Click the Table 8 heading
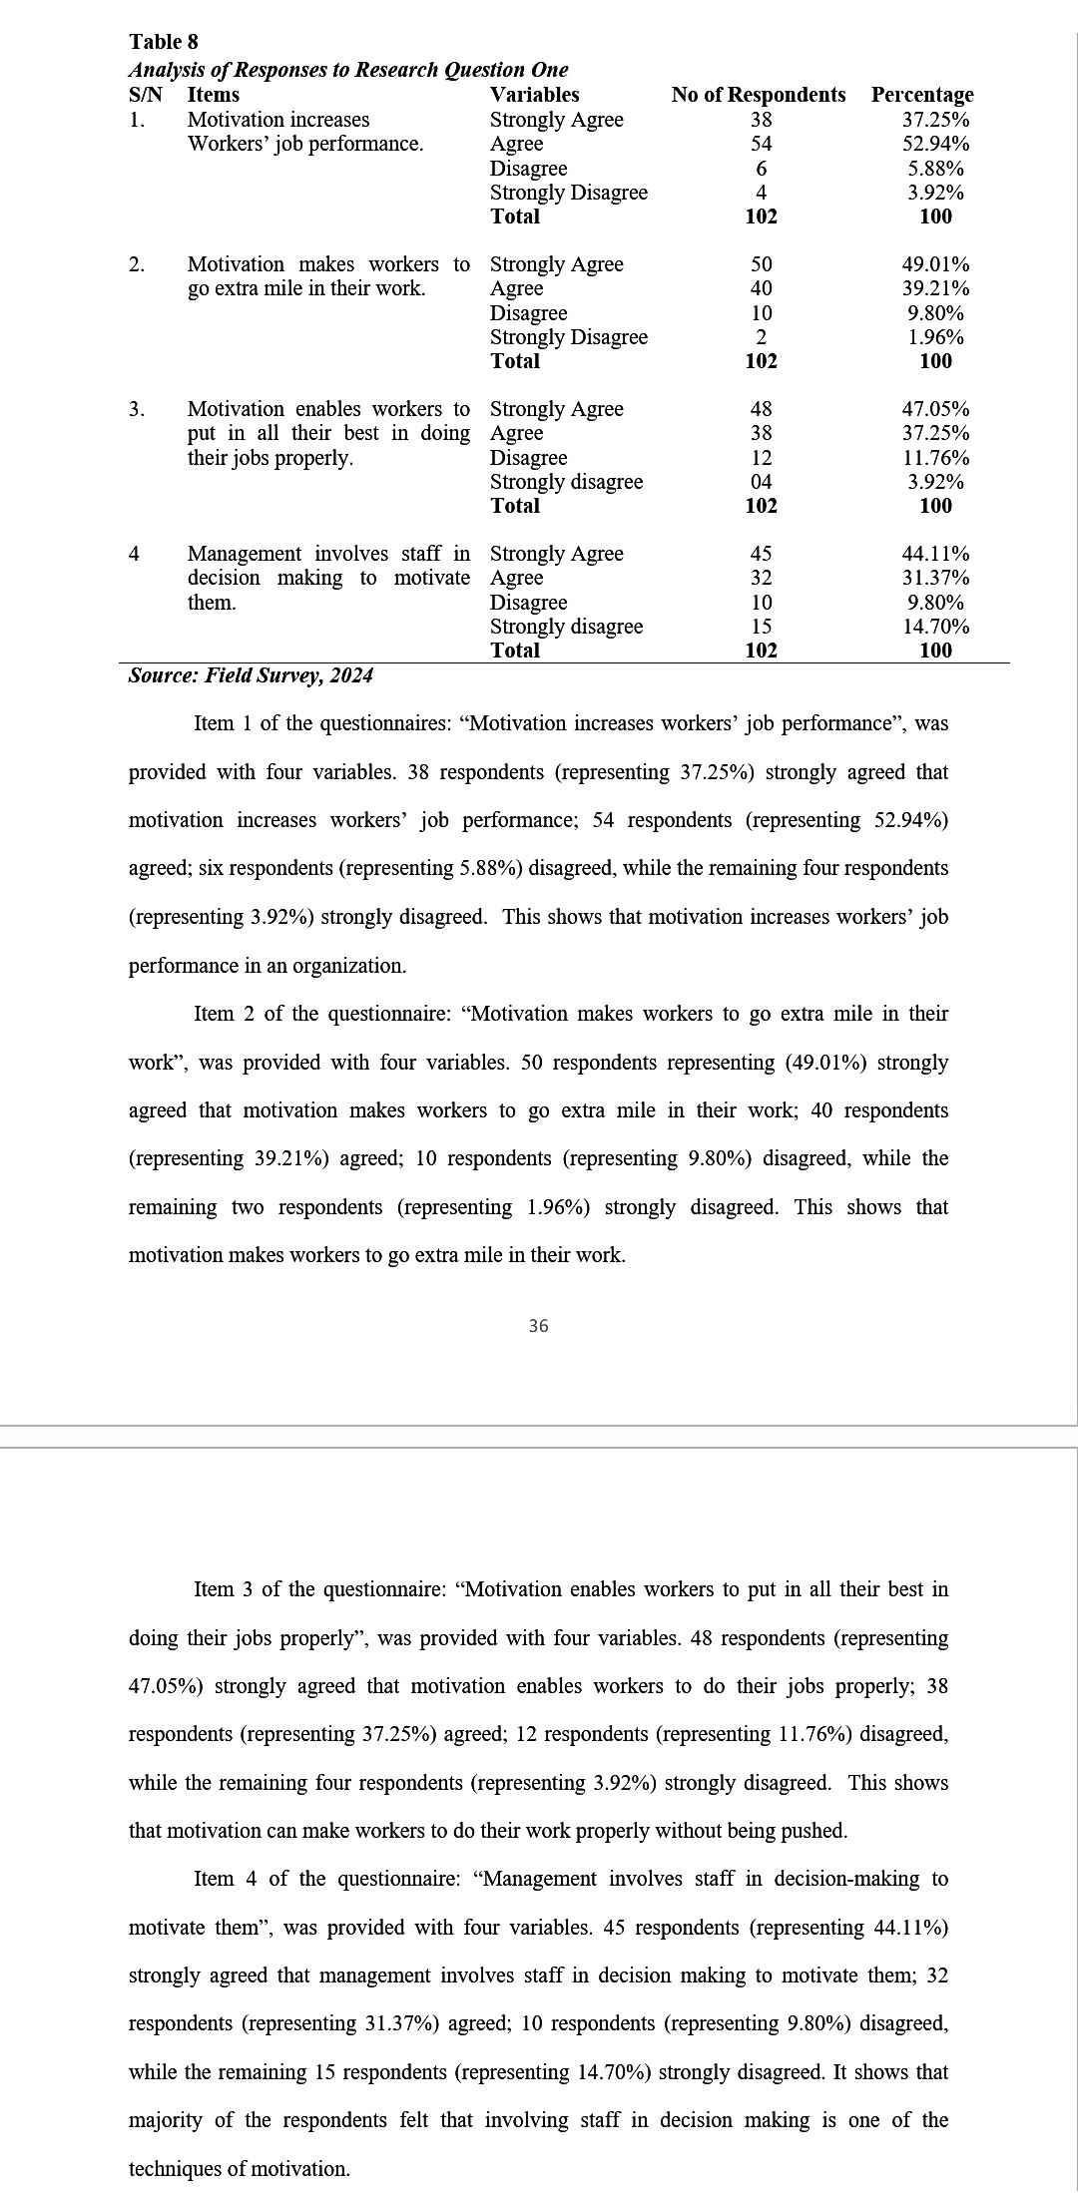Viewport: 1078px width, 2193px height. pyautogui.click(x=164, y=42)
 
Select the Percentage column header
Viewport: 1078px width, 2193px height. pyautogui.click(x=921, y=95)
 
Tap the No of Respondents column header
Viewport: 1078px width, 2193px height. pyautogui.click(x=758, y=95)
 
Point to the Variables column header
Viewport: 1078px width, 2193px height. pyautogui.click(x=534, y=95)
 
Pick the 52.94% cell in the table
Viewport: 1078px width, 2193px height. pyautogui.click(x=935, y=144)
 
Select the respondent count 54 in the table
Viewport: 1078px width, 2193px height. pyautogui.click(x=761, y=144)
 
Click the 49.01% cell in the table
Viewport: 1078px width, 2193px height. pyautogui.click(x=935, y=264)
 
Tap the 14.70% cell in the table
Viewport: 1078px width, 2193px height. pyautogui.click(x=935, y=627)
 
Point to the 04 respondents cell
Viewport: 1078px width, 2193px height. pyautogui.click(x=761, y=482)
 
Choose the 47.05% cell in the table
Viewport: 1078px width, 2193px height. pyautogui.click(x=935, y=409)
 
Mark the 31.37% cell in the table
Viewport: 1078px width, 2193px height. pyautogui.click(x=935, y=578)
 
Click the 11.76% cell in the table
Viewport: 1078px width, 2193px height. pyautogui.click(x=935, y=458)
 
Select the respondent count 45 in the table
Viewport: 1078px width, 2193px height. pyautogui.click(x=761, y=554)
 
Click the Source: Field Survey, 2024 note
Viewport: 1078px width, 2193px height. pyautogui.click(x=251, y=675)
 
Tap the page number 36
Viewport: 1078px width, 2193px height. pyautogui.click(x=538, y=1326)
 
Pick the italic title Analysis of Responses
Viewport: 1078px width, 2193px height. pyautogui.click(x=348, y=70)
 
